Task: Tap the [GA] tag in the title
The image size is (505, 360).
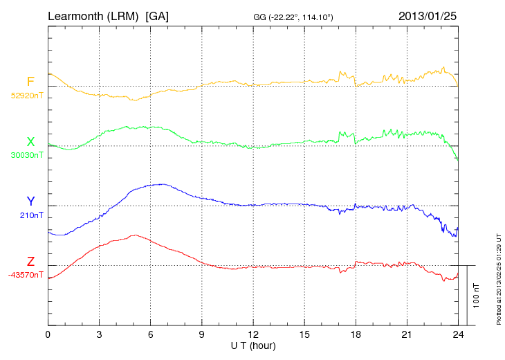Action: pos(157,15)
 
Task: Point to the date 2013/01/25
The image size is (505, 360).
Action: pos(428,15)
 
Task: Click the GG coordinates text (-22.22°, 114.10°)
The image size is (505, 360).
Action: pos(294,17)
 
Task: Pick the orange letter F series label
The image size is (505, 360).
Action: pos(30,82)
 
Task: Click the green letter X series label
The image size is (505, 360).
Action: pos(30,141)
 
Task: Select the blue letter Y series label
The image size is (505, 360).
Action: pos(30,201)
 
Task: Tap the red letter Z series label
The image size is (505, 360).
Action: pos(30,262)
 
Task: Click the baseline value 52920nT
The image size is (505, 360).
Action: pos(26,96)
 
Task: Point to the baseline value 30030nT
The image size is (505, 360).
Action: pos(26,155)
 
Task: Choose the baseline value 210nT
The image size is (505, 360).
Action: pos(32,215)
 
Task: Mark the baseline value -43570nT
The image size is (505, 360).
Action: pos(26,275)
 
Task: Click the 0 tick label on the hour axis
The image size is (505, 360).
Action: pos(48,334)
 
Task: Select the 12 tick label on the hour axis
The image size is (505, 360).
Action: pos(253,334)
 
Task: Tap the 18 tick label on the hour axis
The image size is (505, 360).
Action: pos(356,334)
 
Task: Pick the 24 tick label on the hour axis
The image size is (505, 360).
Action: pos(458,334)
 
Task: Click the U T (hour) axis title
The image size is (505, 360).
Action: pos(253,345)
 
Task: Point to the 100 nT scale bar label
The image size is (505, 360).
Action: pos(477,295)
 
